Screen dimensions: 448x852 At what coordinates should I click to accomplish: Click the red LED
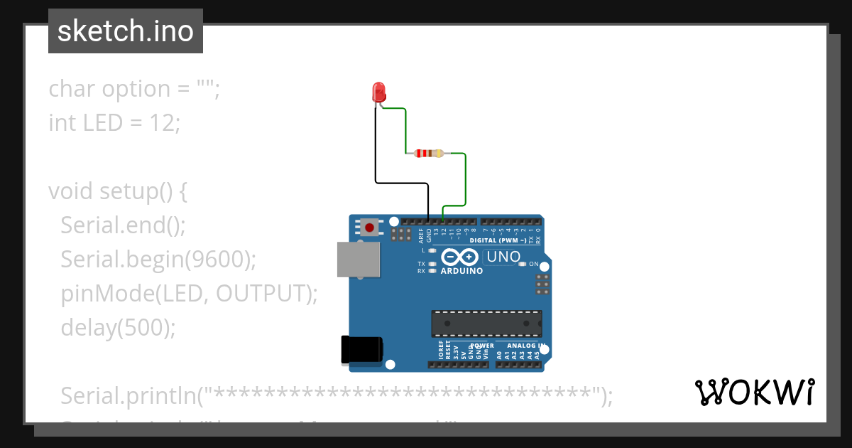click(x=378, y=92)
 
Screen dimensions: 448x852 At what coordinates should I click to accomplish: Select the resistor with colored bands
click(x=427, y=153)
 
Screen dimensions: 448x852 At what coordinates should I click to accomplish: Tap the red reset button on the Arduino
click(x=369, y=228)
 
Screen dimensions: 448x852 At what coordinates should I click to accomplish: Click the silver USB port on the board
click(x=358, y=259)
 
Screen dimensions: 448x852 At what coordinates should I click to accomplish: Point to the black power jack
click(x=361, y=350)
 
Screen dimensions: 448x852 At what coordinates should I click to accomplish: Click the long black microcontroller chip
click(x=486, y=323)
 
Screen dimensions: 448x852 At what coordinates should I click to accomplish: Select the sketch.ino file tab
click(x=126, y=31)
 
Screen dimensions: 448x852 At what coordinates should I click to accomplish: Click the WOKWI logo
click(x=754, y=392)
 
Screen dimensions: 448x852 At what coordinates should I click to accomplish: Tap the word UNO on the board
click(x=503, y=257)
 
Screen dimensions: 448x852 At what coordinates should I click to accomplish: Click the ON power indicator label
click(x=534, y=264)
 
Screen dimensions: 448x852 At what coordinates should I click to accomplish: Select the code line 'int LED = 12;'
click(x=114, y=123)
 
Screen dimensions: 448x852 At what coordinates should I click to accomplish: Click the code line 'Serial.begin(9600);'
click(x=158, y=260)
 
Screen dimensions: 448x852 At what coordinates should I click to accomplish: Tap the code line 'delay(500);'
click(x=117, y=327)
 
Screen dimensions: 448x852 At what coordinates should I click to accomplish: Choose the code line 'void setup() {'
click(x=117, y=191)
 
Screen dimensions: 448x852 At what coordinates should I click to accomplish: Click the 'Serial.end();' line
click(x=123, y=225)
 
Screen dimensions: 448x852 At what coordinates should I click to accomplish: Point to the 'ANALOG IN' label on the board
click(x=526, y=346)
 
